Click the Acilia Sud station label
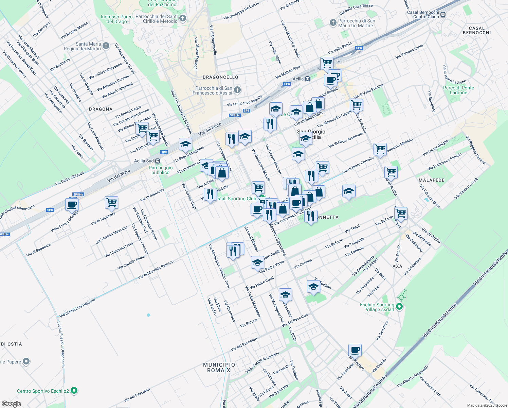click(144, 161)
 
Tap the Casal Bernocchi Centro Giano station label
click(423, 14)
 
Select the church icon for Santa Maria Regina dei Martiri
click(106, 46)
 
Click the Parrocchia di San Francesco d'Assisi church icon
click(237, 90)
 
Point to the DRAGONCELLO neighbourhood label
click(220, 77)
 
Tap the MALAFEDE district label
click(432, 180)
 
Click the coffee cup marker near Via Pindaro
click(355, 350)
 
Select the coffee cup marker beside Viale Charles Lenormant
click(72, 205)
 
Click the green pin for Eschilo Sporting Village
click(399, 307)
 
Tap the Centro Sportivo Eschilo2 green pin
click(74, 391)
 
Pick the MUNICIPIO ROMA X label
click(219, 367)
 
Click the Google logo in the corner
click(11, 404)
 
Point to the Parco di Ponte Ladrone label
click(458, 90)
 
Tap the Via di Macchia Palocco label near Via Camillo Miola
click(156, 270)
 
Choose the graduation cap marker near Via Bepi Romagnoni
click(185, 144)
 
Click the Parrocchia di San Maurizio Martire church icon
click(333, 23)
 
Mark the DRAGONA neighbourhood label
click(101, 109)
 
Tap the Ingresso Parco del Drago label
click(117, 19)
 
